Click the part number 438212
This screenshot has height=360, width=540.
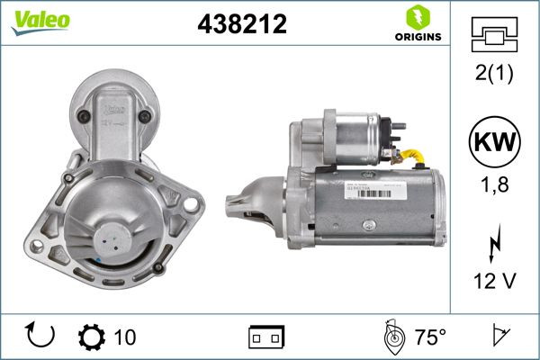click(241, 25)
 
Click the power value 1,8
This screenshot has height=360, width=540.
click(494, 186)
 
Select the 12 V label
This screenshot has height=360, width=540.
click(494, 281)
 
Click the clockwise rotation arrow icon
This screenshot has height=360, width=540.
click(42, 337)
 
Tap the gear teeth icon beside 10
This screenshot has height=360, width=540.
click(93, 337)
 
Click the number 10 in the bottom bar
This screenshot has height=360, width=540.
click(125, 337)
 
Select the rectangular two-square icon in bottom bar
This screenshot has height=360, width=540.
click(266, 337)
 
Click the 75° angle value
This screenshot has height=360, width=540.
click(430, 337)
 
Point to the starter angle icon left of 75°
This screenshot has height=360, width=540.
click(392, 337)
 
